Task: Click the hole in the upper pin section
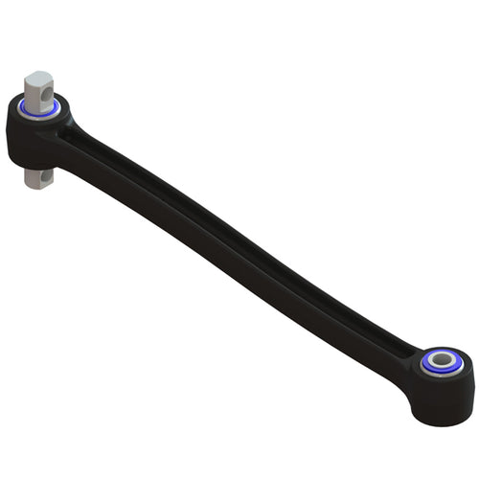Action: pyautogui.click(x=45, y=93)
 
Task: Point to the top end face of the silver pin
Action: pyautogui.click(x=36, y=78)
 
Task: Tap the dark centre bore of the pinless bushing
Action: pyautogui.click(x=440, y=362)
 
